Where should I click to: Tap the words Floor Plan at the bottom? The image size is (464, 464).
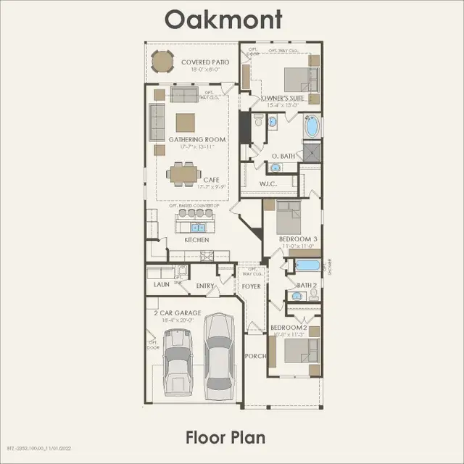click(225, 437)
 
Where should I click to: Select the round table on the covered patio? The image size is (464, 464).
click(162, 64)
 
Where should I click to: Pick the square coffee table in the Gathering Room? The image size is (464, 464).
click(186, 122)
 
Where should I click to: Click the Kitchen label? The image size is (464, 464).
click(196, 239)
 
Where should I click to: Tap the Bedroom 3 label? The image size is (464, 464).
click(298, 239)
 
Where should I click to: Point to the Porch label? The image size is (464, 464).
click(256, 356)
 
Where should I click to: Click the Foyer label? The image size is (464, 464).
click(252, 286)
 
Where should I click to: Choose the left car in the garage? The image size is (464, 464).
click(178, 360)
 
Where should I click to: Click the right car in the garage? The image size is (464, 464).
click(217, 350)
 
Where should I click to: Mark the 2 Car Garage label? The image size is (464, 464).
click(177, 312)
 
